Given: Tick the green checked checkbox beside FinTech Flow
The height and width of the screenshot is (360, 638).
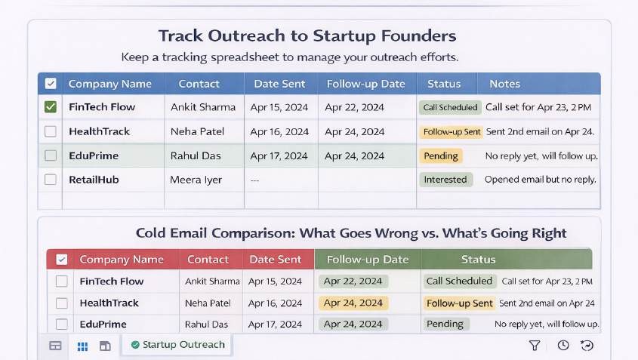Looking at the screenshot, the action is tap(51, 107).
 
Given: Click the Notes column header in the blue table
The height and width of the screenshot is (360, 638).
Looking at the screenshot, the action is tap(504, 84).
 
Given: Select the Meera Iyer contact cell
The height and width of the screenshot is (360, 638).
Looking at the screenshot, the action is tap(196, 180).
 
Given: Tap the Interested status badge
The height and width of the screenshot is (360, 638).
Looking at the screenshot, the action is tap(445, 180).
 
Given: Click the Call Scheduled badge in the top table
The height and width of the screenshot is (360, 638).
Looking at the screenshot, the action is tap(450, 107).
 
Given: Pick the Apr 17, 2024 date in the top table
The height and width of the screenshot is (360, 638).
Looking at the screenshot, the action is tap(279, 155).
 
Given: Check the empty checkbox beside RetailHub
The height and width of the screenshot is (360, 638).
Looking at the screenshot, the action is tap(51, 180).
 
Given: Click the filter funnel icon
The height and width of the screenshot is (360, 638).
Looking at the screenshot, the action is tap(535, 346).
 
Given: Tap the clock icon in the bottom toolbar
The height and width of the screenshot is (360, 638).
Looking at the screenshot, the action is tap(563, 346).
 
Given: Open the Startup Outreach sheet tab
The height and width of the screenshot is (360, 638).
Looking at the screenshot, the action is tap(177, 345).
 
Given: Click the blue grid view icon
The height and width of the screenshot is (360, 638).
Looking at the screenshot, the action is tap(82, 346).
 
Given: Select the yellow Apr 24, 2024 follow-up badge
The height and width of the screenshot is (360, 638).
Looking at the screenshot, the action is tap(353, 303).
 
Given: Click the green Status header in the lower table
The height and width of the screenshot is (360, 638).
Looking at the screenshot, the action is tap(478, 260).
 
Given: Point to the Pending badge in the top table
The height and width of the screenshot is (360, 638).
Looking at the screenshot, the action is tap(441, 155).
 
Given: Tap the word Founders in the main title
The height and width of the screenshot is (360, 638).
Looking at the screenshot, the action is tap(419, 35).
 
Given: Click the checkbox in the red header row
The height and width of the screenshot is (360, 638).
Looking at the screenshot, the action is tap(61, 260).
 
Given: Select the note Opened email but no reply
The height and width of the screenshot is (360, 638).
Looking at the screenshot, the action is tap(540, 180).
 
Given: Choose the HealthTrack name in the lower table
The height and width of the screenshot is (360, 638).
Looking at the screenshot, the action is tap(109, 303).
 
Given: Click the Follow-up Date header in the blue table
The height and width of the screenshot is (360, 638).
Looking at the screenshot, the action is tap(365, 84).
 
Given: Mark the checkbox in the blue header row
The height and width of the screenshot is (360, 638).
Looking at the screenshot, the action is tap(51, 83).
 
